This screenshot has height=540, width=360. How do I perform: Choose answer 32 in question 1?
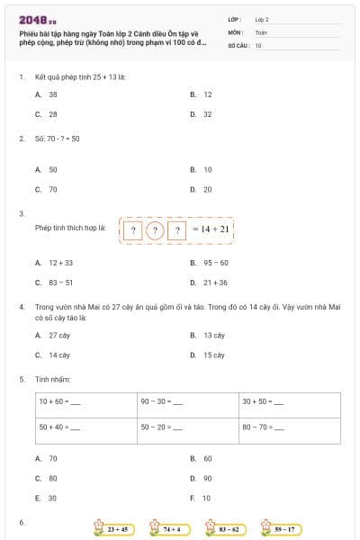(207, 114)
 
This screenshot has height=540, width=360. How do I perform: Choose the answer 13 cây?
(213, 335)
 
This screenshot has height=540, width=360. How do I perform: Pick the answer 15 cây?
(213, 355)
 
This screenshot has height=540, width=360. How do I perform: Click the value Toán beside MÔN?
(261, 31)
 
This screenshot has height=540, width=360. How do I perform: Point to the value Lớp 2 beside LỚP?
(262, 19)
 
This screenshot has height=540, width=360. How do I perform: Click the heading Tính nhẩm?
(47, 380)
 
